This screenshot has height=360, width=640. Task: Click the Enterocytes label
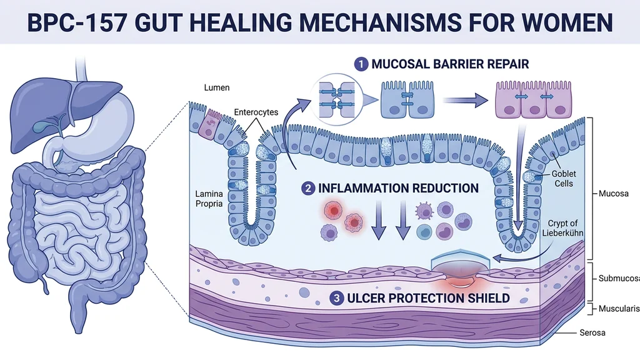click(256, 112)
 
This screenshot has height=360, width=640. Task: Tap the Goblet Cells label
click(563, 178)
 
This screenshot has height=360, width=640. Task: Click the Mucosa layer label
click(612, 194)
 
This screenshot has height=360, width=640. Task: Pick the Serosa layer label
click(609, 333)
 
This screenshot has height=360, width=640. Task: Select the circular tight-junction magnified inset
click(338, 98)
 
